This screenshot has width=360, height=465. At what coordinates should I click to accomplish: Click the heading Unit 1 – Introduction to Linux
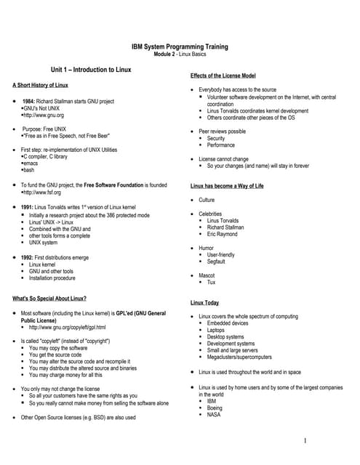(x=91, y=70)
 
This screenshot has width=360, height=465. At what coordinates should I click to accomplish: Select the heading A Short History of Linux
(x=41, y=86)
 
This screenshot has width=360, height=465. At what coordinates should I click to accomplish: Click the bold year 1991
(x=31, y=207)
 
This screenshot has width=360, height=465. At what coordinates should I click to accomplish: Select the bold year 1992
(x=31, y=258)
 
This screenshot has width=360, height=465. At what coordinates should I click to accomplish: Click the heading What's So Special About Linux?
(x=50, y=299)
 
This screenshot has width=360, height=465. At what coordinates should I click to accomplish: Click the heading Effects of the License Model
(x=223, y=76)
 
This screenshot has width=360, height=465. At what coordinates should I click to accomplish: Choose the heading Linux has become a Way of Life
(x=227, y=186)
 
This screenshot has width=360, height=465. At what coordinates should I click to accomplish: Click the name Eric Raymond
(x=223, y=235)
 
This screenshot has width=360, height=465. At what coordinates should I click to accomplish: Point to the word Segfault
(x=218, y=262)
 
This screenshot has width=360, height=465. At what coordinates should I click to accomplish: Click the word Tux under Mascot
(x=212, y=283)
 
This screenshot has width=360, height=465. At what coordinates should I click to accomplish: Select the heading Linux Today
(x=204, y=302)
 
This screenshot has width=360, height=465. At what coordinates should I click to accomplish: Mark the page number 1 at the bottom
(x=306, y=440)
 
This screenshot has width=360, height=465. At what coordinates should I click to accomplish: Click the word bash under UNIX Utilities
(x=30, y=170)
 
